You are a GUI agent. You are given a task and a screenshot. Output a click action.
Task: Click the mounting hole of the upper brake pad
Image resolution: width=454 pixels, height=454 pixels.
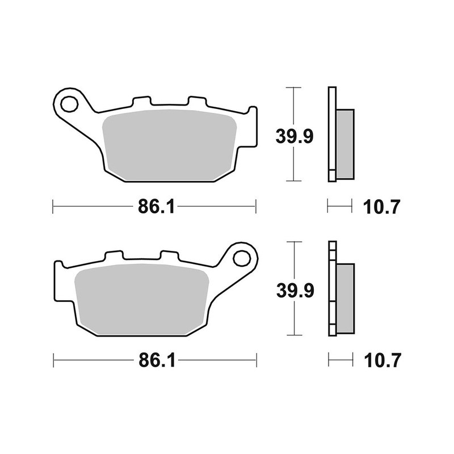pos(69,104)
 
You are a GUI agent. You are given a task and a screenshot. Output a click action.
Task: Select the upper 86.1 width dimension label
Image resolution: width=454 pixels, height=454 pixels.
pos(154,207)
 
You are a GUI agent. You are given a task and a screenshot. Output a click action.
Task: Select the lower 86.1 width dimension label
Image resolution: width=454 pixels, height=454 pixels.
pos(154,360)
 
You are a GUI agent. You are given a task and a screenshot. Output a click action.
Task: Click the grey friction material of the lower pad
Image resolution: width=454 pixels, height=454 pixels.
pos(142,298)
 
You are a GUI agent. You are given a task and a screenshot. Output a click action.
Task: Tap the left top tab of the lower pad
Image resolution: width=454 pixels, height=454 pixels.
pos(112,257)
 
